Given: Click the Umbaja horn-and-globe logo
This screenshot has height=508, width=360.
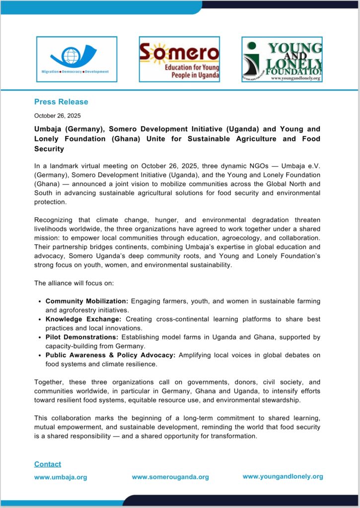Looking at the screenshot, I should (x=76, y=59).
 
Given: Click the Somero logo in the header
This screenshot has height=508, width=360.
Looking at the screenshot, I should (x=179, y=59).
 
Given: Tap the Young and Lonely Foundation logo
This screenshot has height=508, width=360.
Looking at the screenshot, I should (x=282, y=59).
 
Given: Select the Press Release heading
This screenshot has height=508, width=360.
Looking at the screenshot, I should (x=61, y=102).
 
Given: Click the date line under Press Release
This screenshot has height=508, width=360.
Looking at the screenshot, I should (x=57, y=116).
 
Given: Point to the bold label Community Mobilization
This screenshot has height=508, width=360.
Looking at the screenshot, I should (x=86, y=301).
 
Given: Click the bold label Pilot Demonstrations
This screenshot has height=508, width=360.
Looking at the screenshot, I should (x=82, y=337).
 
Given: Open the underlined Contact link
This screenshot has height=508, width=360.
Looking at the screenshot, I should (x=48, y=464).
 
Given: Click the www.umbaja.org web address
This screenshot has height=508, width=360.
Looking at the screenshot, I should (x=61, y=477).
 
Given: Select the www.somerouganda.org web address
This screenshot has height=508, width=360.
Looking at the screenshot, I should (x=170, y=477).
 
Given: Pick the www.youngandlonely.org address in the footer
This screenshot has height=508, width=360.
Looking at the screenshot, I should (x=283, y=476).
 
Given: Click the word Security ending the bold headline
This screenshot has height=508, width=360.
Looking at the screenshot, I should (x=49, y=149).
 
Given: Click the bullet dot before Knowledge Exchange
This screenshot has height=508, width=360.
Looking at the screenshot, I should (x=40, y=319).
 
